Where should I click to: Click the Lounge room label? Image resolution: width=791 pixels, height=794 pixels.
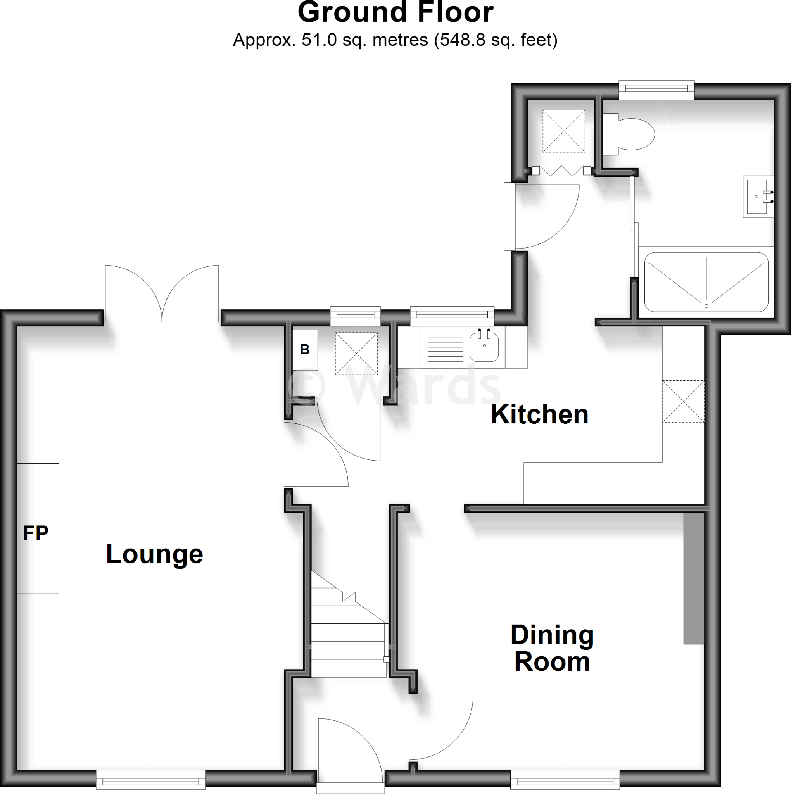155,554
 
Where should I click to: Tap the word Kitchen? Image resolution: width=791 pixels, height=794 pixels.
539,414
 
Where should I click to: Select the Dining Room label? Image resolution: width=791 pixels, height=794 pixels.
552,648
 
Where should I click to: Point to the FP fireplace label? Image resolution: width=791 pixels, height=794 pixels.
36,533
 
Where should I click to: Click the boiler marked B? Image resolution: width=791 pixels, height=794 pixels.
305,350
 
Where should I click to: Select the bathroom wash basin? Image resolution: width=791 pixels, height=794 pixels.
756,197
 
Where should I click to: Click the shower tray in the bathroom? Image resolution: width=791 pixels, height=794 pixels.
706,282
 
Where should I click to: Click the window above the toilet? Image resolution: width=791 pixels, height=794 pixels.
656,90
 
